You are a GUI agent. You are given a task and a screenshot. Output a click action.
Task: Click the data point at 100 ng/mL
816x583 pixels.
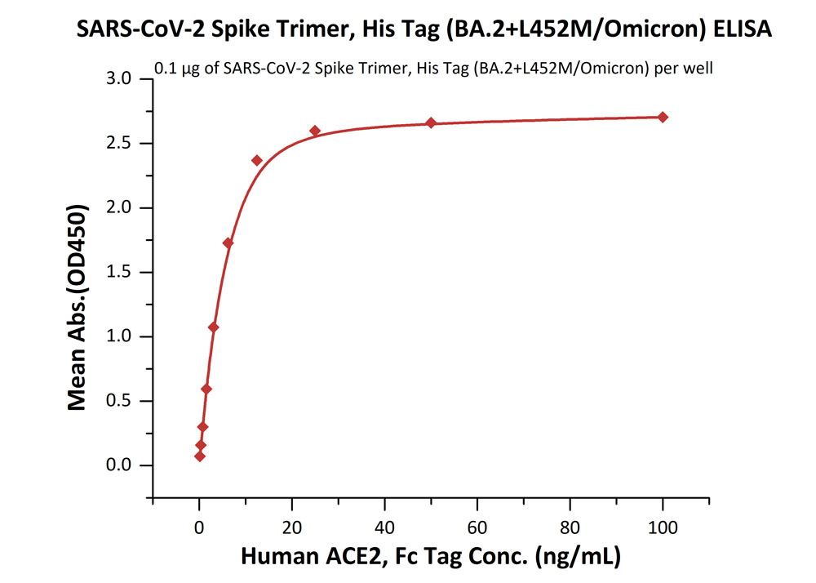(x=663, y=117)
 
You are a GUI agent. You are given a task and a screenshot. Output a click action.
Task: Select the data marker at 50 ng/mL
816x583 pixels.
(x=431, y=123)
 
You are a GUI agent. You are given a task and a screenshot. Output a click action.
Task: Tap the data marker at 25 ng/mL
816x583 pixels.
(x=315, y=131)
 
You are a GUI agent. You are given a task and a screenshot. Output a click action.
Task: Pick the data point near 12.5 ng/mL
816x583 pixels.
(x=257, y=160)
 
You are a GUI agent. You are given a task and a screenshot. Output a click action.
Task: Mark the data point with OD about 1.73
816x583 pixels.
(x=228, y=243)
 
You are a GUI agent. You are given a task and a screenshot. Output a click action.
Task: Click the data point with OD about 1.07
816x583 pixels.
(x=214, y=327)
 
